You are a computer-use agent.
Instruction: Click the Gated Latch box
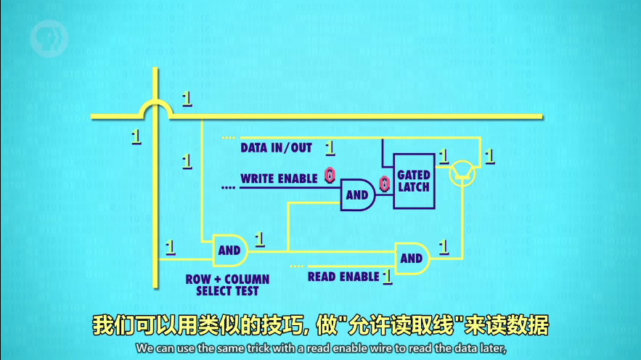click(x=414, y=181)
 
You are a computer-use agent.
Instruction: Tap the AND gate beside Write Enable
click(x=358, y=195)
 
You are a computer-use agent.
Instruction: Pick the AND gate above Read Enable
click(x=412, y=258)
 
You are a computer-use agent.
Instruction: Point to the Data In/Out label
click(x=277, y=148)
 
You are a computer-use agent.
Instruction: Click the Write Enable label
click(x=279, y=179)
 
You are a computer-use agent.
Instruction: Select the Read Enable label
click(x=343, y=277)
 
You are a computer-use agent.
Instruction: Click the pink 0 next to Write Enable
click(x=330, y=175)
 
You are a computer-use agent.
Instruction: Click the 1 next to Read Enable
click(x=388, y=277)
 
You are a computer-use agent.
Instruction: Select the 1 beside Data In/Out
click(x=330, y=148)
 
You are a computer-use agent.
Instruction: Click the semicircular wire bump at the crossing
click(x=155, y=109)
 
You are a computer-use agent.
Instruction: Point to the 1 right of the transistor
click(x=489, y=155)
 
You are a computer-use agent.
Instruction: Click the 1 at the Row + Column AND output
click(x=259, y=238)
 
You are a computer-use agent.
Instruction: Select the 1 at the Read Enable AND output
click(x=444, y=246)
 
